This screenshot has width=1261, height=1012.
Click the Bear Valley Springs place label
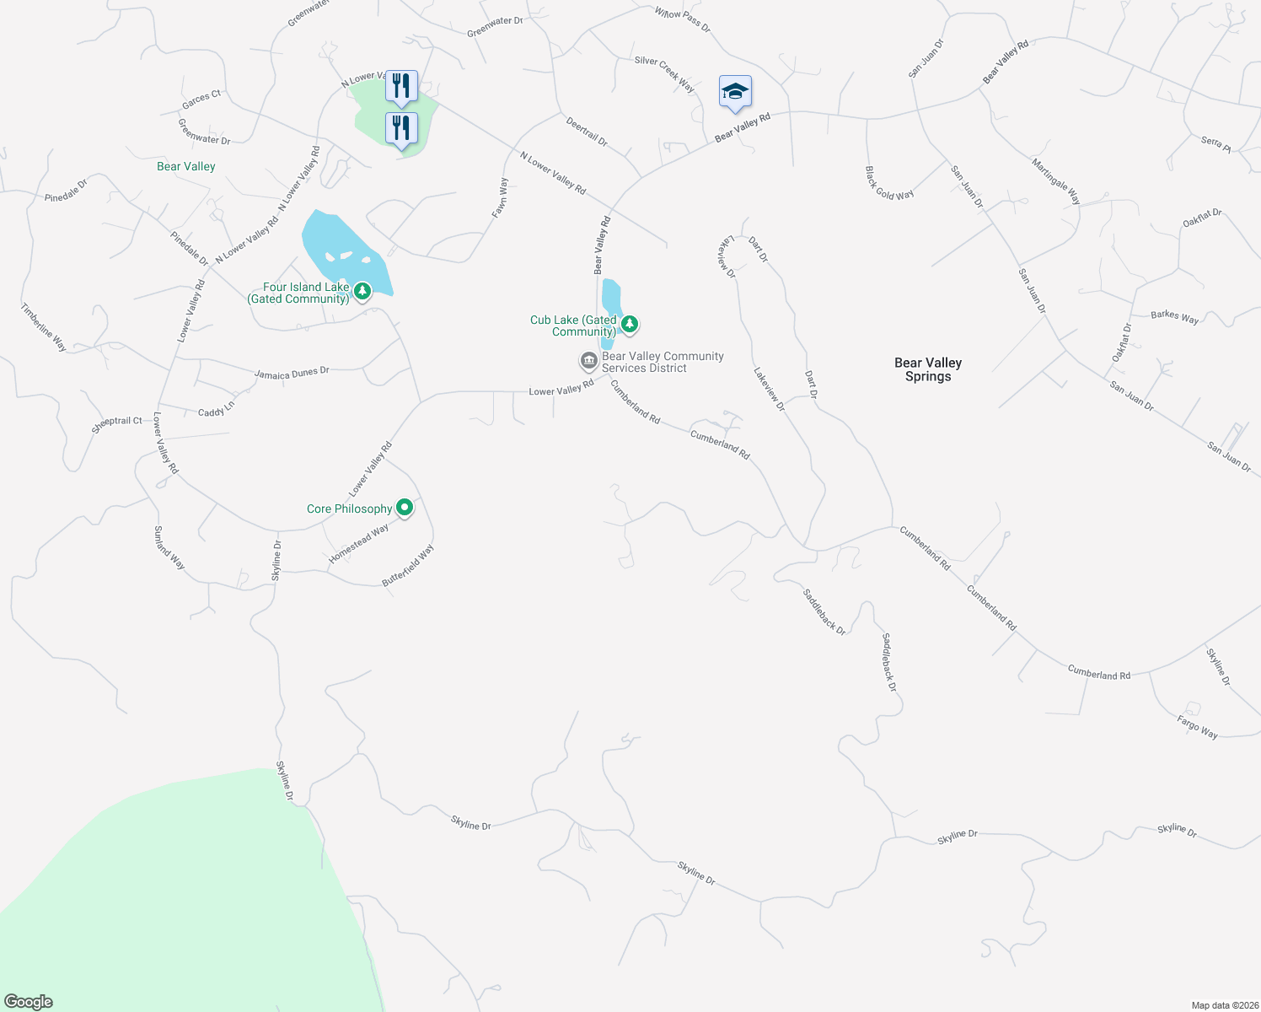coord(927,369)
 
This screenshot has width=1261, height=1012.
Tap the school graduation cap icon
coord(735,91)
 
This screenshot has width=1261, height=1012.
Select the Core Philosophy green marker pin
coord(405,508)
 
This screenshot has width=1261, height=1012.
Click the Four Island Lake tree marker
coord(362,291)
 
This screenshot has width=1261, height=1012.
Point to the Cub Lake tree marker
coord(629,324)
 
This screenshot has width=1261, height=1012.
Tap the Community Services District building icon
coord(588,361)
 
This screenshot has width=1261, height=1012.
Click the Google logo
coord(28,1002)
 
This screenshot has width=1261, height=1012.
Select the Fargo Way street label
coord(1197,727)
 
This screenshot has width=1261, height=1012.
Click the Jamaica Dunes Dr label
coord(292,373)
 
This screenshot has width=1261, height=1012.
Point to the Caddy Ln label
coord(217,411)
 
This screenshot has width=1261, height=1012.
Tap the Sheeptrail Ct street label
coord(116,424)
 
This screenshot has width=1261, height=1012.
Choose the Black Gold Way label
coord(888,183)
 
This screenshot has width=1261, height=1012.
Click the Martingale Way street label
coord(1056,180)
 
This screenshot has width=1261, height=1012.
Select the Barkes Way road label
coord(1174,317)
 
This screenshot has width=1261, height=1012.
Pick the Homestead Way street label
coord(359,544)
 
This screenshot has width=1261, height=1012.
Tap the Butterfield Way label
coord(408,566)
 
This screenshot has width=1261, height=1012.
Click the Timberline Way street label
coord(44,327)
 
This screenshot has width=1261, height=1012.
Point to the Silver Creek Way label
coord(664,74)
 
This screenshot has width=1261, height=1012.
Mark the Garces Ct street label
coord(201,100)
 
